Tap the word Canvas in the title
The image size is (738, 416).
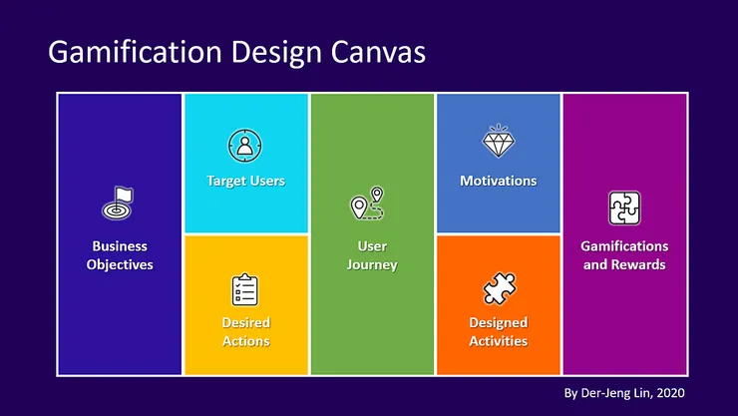[374, 53]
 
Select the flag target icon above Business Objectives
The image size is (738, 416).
[119, 204]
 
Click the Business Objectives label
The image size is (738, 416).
[120, 255]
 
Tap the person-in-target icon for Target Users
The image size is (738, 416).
[244, 146]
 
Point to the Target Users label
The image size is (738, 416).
[245, 181]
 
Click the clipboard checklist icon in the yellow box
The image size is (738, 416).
[245, 289]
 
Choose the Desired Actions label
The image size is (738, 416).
[245, 332]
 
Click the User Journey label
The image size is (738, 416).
[372, 255]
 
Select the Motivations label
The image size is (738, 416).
[498, 181]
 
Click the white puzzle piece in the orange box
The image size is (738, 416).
[498, 289]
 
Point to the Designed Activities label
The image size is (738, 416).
[498, 332]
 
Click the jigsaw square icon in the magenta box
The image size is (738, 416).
[624, 208]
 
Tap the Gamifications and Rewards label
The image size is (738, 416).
[624, 255]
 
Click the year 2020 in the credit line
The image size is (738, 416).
[669, 392]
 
